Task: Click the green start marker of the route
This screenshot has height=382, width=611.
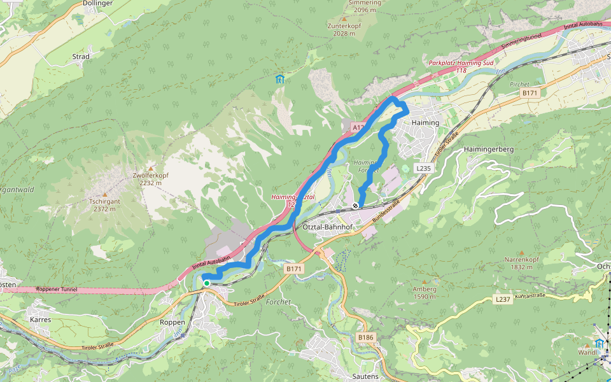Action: coord(207,283)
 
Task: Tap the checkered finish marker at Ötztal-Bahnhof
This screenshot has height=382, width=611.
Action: coord(355,206)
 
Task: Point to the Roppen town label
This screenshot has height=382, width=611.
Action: coord(172,322)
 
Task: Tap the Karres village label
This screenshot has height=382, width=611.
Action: coord(40,319)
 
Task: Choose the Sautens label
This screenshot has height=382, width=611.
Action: coord(365,376)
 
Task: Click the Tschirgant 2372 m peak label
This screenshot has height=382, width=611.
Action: coord(105,204)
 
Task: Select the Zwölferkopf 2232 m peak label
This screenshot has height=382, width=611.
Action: coord(151,179)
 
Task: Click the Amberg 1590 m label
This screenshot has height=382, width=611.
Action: coord(425,292)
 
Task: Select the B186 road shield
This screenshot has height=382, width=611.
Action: coord(365,337)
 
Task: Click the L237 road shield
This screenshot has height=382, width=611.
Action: coord(503,299)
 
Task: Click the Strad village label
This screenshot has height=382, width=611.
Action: coord(81,56)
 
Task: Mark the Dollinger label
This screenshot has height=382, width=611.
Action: coord(97,4)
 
